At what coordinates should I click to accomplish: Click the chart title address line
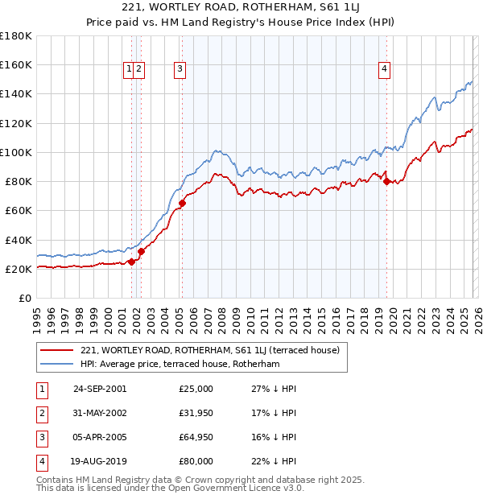(x=242, y=8)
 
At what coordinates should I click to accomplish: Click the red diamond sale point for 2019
(x=386, y=181)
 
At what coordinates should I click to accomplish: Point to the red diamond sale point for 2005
(x=183, y=203)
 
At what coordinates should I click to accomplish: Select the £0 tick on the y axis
(x=25, y=298)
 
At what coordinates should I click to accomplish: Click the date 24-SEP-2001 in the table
(x=100, y=389)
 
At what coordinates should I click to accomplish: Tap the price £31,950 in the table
(x=196, y=413)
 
